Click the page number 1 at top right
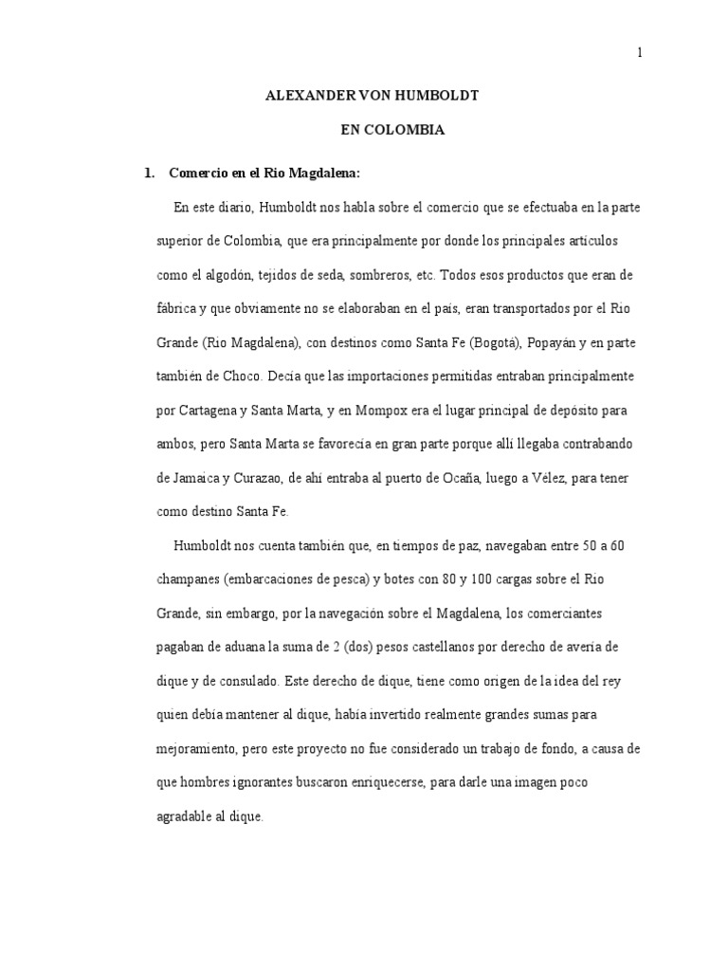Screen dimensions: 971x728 (x=640, y=54)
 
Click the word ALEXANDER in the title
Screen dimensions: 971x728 (x=300, y=96)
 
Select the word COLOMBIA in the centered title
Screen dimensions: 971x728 (x=409, y=130)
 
